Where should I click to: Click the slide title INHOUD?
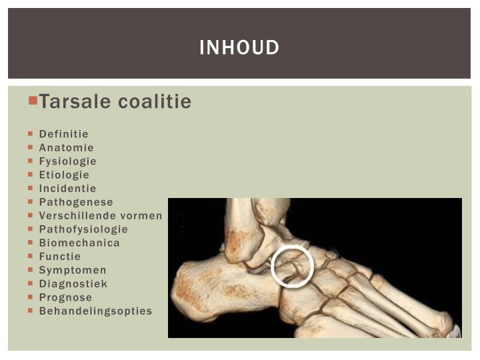coord(239,48)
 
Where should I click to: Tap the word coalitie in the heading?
coord(155,102)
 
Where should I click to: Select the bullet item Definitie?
coord(63,134)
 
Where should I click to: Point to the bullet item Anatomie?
coord(66,147)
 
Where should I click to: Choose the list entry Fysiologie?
coord(67,161)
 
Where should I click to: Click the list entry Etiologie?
coord(64,175)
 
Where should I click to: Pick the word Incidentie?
coord(67,189)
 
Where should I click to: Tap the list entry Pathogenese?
coord(76,202)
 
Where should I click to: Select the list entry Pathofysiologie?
coord(83,229)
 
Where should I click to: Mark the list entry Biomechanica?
coord(79,243)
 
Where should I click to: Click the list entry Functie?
coord(59,256)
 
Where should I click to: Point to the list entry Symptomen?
coord(73,270)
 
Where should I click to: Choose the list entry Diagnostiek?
coord(73,283)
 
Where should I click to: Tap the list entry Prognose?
coord(65,297)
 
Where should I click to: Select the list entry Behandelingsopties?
coord(95,311)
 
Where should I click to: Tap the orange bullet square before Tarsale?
coord(33,100)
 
